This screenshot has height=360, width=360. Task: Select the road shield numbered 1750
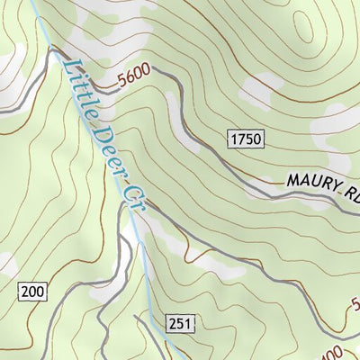pos(244,138)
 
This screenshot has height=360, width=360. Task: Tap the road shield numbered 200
pos(32,290)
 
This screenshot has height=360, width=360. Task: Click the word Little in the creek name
pos(77,87)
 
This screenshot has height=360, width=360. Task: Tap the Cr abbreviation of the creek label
pos(134,192)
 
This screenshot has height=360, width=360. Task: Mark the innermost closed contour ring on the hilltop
pos(319,36)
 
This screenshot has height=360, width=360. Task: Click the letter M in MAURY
pos(293,180)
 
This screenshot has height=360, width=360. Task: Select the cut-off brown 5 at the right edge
pos(355,303)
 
